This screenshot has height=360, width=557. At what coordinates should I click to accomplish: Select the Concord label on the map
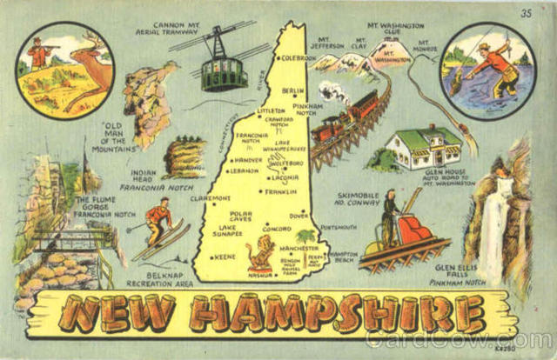point(277,230)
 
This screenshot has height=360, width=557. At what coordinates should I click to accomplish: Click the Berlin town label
point(293,90)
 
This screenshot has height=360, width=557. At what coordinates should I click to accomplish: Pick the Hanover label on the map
point(247,160)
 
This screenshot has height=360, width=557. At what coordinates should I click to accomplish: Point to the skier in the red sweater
point(158,220)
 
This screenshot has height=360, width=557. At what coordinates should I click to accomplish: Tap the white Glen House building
point(423,148)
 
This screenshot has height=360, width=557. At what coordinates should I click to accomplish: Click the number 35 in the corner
point(525,13)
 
